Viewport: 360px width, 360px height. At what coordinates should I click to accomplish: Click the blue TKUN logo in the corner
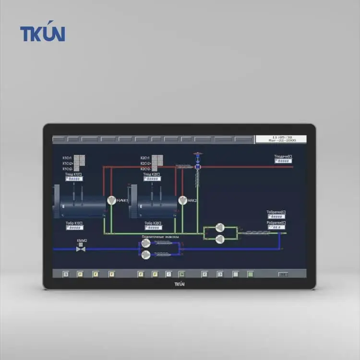[42, 34]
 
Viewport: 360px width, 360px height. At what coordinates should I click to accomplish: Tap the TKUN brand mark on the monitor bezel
[180, 284]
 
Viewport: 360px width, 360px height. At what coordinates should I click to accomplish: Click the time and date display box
[282, 139]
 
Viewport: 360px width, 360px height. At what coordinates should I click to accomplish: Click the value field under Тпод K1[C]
[74, 179]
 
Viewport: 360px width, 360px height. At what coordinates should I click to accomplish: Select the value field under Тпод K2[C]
[152, 179]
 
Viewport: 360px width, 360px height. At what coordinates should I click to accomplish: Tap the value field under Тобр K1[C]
[74, 228]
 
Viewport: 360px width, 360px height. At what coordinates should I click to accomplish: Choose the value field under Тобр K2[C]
[152, 228]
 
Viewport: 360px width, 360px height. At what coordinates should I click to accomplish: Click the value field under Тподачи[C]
[283, 161]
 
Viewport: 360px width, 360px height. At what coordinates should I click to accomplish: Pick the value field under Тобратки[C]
[276, 217]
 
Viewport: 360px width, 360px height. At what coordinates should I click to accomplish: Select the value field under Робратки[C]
[276, 228]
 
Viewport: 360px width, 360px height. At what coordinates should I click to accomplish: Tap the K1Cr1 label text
[67, 158]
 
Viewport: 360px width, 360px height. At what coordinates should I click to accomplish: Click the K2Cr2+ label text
[145, 163]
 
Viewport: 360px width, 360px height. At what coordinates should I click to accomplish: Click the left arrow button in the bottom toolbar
[204, 274]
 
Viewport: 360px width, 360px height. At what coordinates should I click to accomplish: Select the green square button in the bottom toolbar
[250, 274]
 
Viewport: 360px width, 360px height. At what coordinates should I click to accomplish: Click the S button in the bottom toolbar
[66, 274]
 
